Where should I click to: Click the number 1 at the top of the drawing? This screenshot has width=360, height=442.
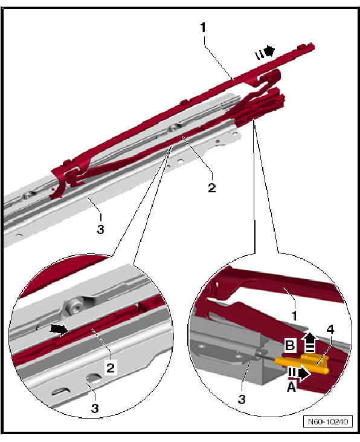[203, 27]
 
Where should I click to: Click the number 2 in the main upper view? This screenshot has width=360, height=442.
[212, 187]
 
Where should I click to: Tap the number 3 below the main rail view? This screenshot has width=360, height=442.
[100, 229]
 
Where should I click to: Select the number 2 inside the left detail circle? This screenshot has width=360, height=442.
[111, 367]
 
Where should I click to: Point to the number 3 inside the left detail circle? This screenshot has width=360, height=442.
[95, 408]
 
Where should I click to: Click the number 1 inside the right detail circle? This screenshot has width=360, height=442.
[294, 316]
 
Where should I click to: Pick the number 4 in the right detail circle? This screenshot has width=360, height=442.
[330, 330]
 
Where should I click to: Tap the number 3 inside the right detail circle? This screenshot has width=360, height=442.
[242, 399]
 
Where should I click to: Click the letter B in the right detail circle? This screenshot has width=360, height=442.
[290, 345]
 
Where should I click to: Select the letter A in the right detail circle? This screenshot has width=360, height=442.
[291, 387]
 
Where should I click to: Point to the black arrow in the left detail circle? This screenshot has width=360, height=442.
[59, 330]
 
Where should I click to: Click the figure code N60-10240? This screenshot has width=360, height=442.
[328, 421]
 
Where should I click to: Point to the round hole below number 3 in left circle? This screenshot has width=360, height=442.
[94, 379]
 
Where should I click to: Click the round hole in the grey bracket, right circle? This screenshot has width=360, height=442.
[202, 346]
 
